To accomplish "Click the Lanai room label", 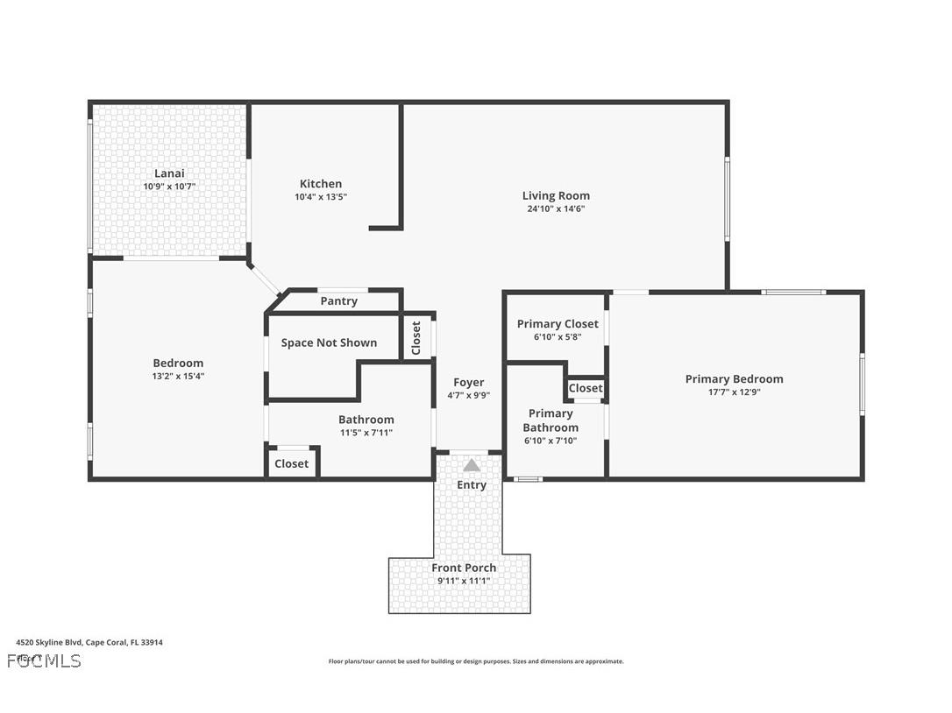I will [x=169, y=173].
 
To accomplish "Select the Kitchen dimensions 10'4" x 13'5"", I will [x=321, y=197].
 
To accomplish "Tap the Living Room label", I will [x=556, y=195].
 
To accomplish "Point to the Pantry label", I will [x=338, y=301].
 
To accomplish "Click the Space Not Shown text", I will [x=329, y=342].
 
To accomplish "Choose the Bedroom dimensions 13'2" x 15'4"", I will [x=178, y=376].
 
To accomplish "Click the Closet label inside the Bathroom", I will [x=291, y=463].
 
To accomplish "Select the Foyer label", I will [x=468, y=382].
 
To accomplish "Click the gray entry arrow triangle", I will [x=472, y=465].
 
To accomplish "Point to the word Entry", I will [x=472, y=484].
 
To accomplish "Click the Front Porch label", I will [x=464, y=568].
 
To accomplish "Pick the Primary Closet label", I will [x=558, y=324].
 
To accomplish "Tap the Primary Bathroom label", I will [x=551, y=420].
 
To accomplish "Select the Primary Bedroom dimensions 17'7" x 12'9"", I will [x=734, y=392].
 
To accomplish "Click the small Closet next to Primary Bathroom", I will [x=585, y=388].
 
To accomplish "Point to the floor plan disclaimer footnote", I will [x=476, y=661].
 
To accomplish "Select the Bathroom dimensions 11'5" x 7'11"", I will [x=366, y=433].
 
